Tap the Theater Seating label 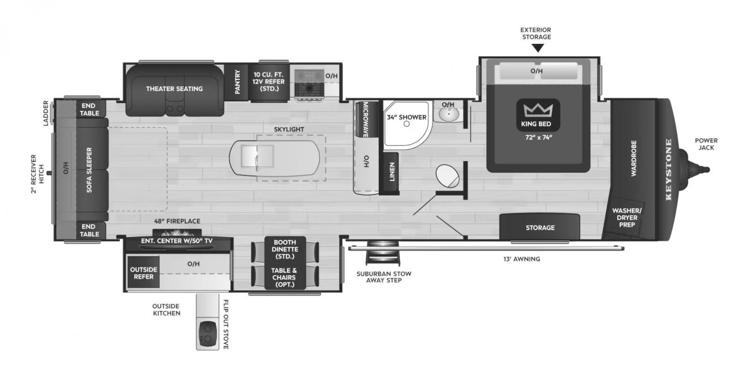(x=174, y=89)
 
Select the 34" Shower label (x=406, y=117)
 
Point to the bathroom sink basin (x=449, y=114)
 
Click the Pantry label (x=237, y=82)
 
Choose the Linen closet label (x=392, y=172)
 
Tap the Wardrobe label (x=634, y=158)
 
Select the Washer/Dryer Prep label (x=627, y=217)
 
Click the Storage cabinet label (x=540, y=228)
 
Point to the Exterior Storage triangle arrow (x=538, y=48)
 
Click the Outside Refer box (x=143, y=272)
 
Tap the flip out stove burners (x=207, y=334)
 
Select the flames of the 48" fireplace (x=177, y=233)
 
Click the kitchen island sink (x=257, y=156)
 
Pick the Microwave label (x=365, y=120)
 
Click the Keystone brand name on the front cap (x=669, y=170)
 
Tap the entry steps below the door (x=383, y=253)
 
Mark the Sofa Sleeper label (x=89, y=170)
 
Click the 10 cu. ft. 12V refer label (x=268, y=82)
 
